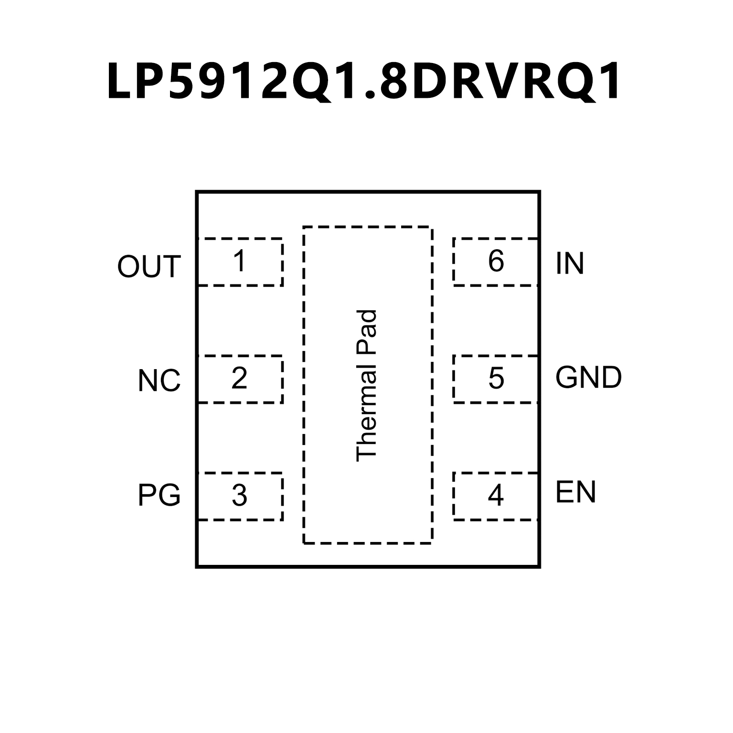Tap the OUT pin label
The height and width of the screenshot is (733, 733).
pyautogui.click(x=149, y=266)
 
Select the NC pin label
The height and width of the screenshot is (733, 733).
pyautogui.click(x=159, y=381)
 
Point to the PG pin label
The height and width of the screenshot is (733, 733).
pyautogui.click(x=159, y=495)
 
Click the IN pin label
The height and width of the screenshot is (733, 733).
pyautogui.click(x=570, y=263)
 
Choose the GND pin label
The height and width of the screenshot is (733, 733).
pyautogui.click(x=588, y=378)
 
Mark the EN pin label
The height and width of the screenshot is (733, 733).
pyautogui.click(x=575, y=492)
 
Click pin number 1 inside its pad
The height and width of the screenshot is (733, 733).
pyautogui.click(x=239, y=261)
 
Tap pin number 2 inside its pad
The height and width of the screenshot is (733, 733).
pyautogui.click(x=239, y=378)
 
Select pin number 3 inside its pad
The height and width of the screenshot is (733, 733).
pyautogui.click(x=239, y=496)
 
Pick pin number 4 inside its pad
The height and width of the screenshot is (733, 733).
pyautogui.click(x=496, y=496)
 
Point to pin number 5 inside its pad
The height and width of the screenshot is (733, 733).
pyautogui.click(x=496, y=378)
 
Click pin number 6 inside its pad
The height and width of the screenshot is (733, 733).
pyautogui.click(x=496, y=261)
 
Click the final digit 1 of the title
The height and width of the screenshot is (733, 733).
pyautogui.click(x=609, y=81)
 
